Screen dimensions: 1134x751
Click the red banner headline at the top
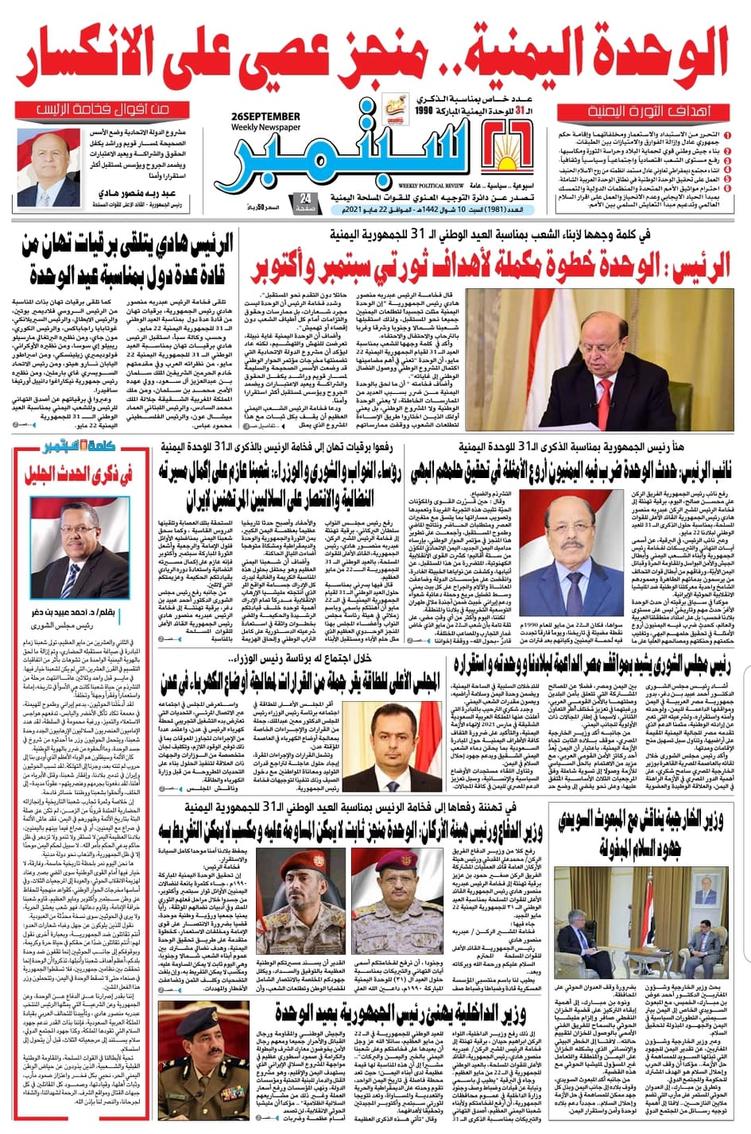tap(374, 56)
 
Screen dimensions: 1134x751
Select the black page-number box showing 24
tap(305, 202)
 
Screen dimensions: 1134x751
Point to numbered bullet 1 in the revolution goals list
tap(728, 137)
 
